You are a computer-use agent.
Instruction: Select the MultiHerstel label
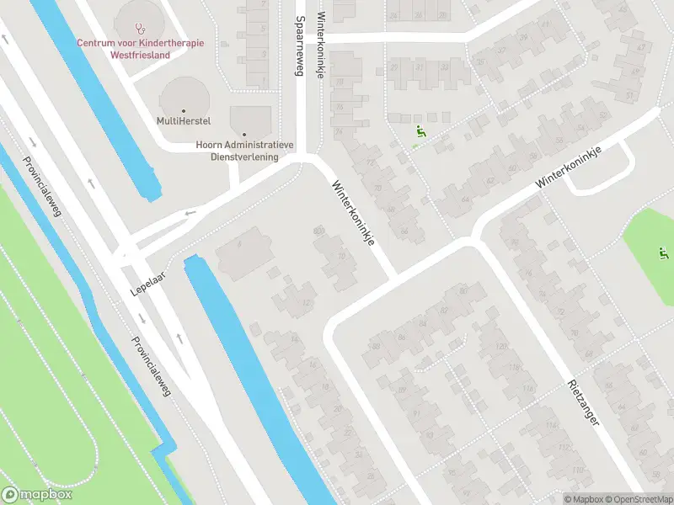coord(183,120)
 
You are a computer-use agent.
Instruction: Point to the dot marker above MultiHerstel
coord(183,109)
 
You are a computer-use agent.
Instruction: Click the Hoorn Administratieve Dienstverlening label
coord(244,151)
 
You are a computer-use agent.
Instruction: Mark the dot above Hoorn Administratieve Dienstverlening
coord(244,134)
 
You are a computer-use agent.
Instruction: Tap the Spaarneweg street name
coord(298,46)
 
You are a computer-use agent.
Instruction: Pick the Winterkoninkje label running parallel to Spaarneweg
coord(320,44)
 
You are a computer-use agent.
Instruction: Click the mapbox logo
coord(37,494)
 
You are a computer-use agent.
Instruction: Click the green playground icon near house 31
coord(420,131)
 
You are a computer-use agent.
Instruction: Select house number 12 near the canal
coord(307,303)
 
